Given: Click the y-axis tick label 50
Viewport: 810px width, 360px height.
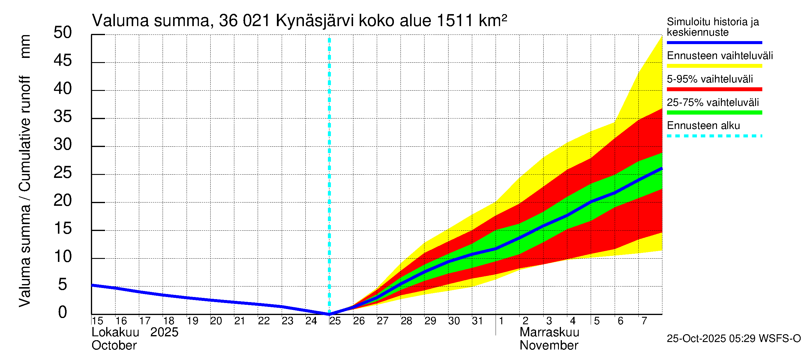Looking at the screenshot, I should [63, 33].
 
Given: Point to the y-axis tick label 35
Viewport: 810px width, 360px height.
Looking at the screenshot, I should [63, 117].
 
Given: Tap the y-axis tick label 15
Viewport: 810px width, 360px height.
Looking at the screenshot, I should [63, 229].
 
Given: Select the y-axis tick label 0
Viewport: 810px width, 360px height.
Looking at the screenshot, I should [63, 313].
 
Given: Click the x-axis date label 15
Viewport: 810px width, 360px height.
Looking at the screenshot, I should [97, 321].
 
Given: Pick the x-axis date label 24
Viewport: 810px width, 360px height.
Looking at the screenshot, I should [311, 321].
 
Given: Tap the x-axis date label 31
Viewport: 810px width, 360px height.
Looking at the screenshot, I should [477, 321].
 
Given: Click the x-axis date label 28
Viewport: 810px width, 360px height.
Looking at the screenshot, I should [406, 321].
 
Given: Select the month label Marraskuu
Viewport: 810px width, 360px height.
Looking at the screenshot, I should [549, 332].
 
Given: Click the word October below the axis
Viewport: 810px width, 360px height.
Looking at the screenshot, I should [114, 346].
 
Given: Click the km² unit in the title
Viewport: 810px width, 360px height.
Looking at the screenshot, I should [493, 21].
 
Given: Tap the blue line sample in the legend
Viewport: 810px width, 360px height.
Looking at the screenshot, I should [714, 42].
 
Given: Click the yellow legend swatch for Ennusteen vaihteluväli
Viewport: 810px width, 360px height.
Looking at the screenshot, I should [714, 66].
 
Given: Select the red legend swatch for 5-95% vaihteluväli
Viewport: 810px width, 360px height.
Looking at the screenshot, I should [714, 89].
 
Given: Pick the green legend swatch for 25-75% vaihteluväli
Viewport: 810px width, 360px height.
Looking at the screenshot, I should [714, 112].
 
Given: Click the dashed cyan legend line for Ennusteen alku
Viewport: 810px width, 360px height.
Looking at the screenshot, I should [714, 136].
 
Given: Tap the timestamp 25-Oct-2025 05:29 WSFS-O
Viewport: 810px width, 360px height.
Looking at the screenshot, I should [733, 339].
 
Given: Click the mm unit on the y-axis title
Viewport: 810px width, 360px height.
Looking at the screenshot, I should [25, 46].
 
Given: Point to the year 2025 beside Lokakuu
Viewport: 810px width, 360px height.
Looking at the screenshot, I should [164, 332].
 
